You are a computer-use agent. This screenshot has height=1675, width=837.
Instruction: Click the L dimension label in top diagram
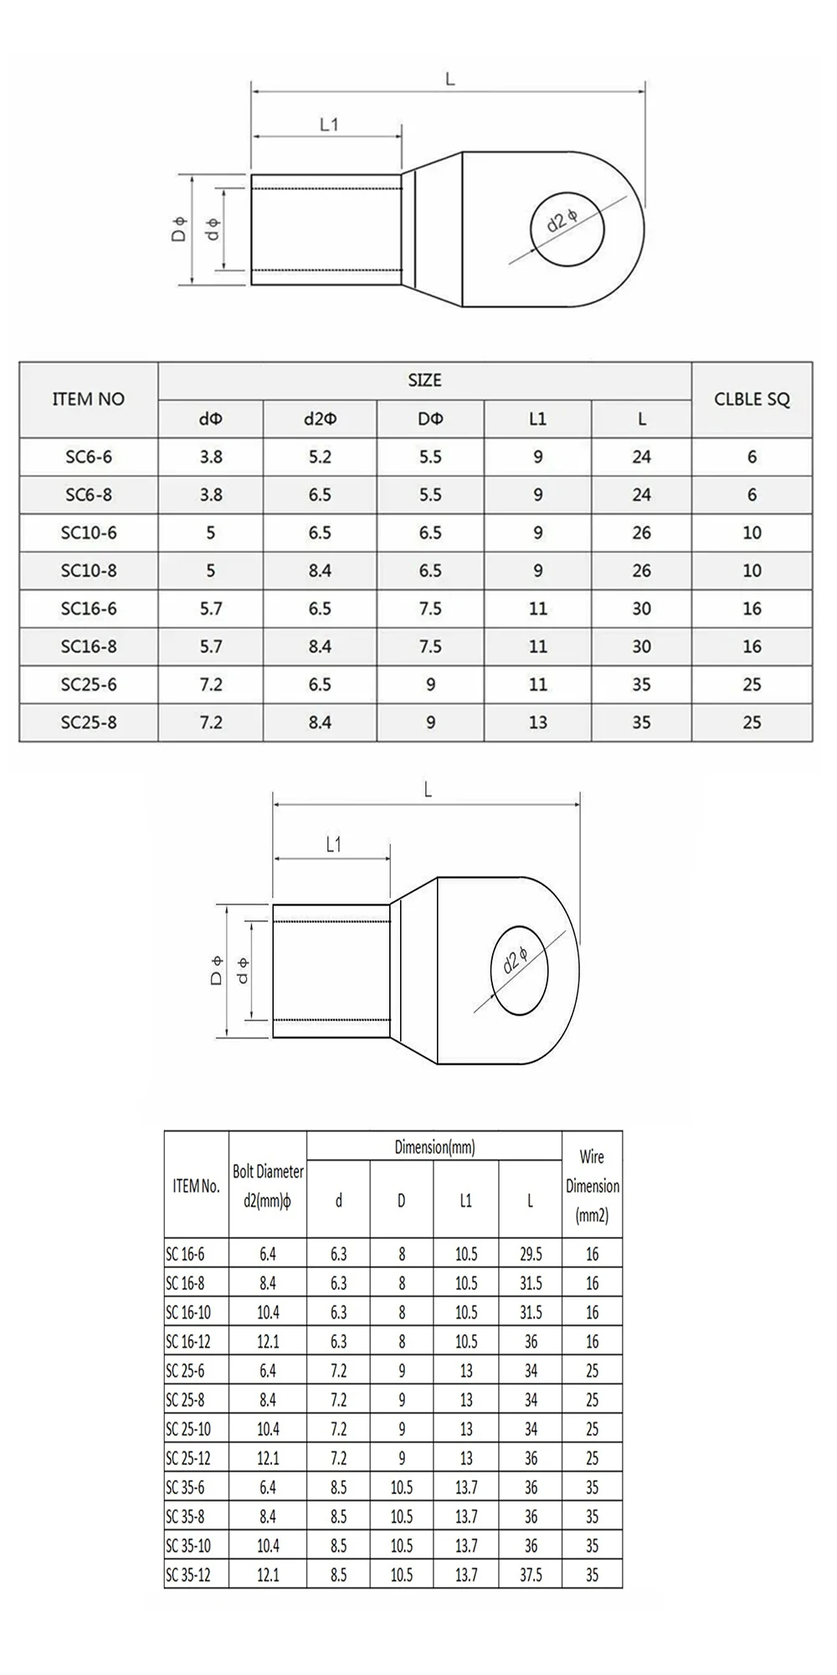pyautogui.click(x=449, y=80)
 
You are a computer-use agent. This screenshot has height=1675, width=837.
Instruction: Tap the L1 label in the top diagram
pyautogui.click(x=329, y=125)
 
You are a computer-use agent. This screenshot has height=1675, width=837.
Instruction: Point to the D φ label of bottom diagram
pyautogui.click(x=216, y=971)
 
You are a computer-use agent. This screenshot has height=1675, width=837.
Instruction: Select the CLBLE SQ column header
pyautogui.click(x=752, y=399)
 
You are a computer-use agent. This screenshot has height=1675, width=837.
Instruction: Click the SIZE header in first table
pyautogui.click(x=424, y=380)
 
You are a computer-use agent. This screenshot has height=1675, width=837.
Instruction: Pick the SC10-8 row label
pyautogui.click(x=89, y=570)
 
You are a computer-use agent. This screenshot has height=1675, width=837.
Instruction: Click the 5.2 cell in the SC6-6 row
pyautogui.click(x=320, y=456)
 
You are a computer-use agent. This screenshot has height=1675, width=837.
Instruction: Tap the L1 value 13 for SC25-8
pyautogui.click(x=537, y=722)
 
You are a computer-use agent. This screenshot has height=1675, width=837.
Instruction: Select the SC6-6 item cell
pyautogui.click(x=89, y=456)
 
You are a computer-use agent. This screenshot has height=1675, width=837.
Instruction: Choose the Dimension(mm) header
pyautogui.click(x=434, y=1147)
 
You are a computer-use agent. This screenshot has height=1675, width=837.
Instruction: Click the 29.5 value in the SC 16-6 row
pyautogui.click(x=531, y=1254)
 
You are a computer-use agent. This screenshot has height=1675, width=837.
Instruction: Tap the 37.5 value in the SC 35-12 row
pyautogui.click(x=531, y=1574)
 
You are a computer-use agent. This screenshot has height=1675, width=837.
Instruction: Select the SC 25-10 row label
pyautogui.click(x=188, y=1429)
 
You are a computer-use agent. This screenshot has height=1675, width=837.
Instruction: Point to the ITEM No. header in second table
pyautogui.click(x=196, y=1186)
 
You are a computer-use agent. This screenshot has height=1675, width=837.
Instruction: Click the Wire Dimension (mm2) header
pyautogui.click(x=592, y=1186)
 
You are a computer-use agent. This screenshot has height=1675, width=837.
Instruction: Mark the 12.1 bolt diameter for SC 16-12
pyautogui.click(x=268, y=1342)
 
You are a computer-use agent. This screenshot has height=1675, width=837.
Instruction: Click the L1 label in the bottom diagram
pyautogui.click(x=333, y=845)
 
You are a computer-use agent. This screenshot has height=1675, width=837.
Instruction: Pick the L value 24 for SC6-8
pyautogui.click(x=641, y=494)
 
